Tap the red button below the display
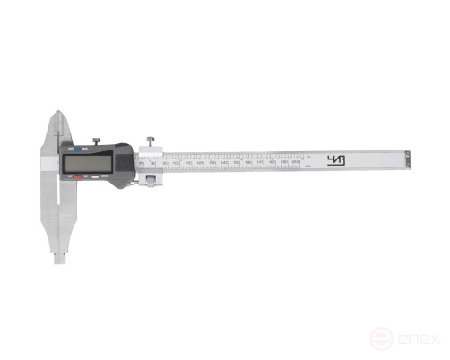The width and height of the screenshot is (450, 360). [x=77, y=178]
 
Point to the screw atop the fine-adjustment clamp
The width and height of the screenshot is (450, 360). [x=151, y=141]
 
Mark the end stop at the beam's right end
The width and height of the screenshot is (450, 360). [x=409, y=160]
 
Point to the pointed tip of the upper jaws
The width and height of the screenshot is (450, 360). [x=58, y=113]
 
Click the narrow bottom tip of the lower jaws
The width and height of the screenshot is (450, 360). [x=59, y=259]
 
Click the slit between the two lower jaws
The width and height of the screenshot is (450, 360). [x=58, y=215]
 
